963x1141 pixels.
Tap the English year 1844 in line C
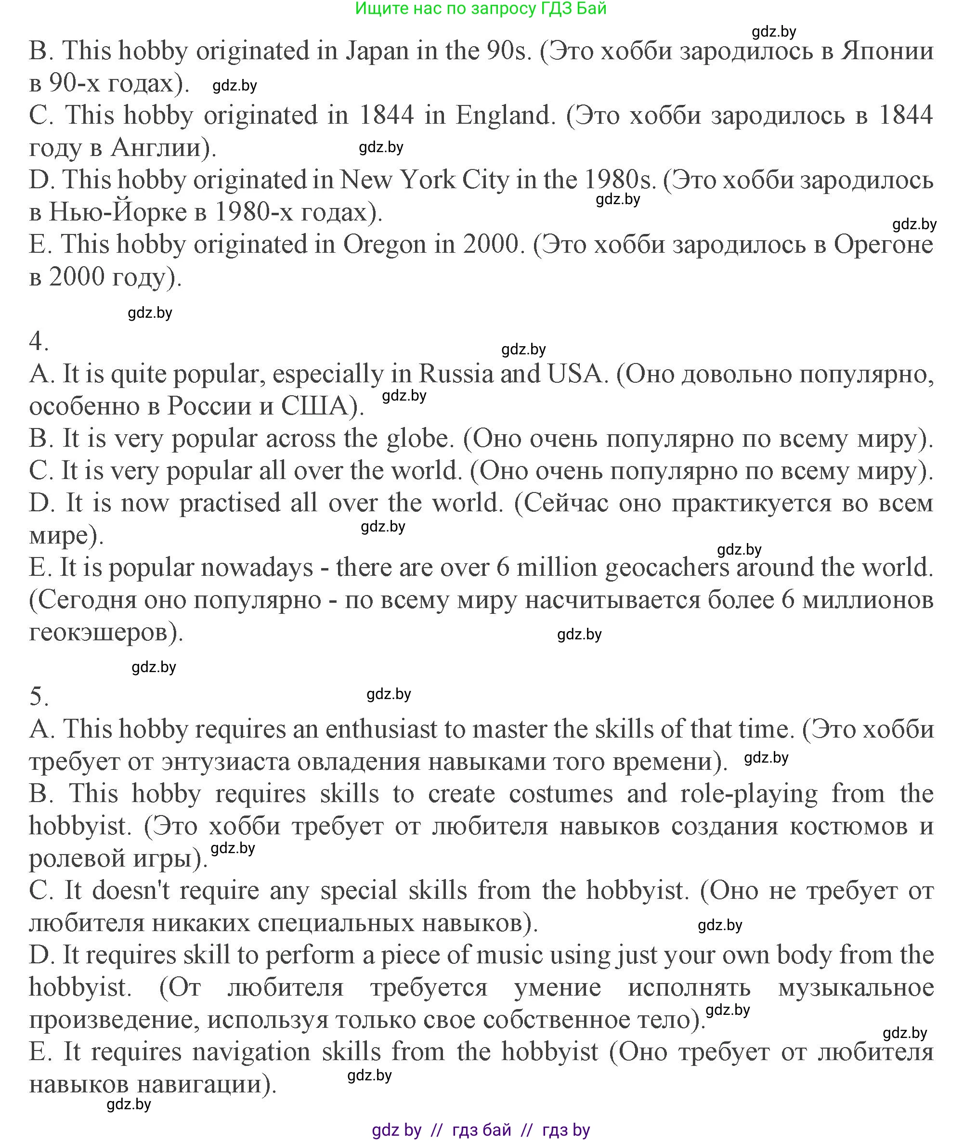387,115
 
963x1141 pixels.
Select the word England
506,115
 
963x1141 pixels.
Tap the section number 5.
38,696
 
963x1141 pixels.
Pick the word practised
230,503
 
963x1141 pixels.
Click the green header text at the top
481,8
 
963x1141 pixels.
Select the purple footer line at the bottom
481,1129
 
